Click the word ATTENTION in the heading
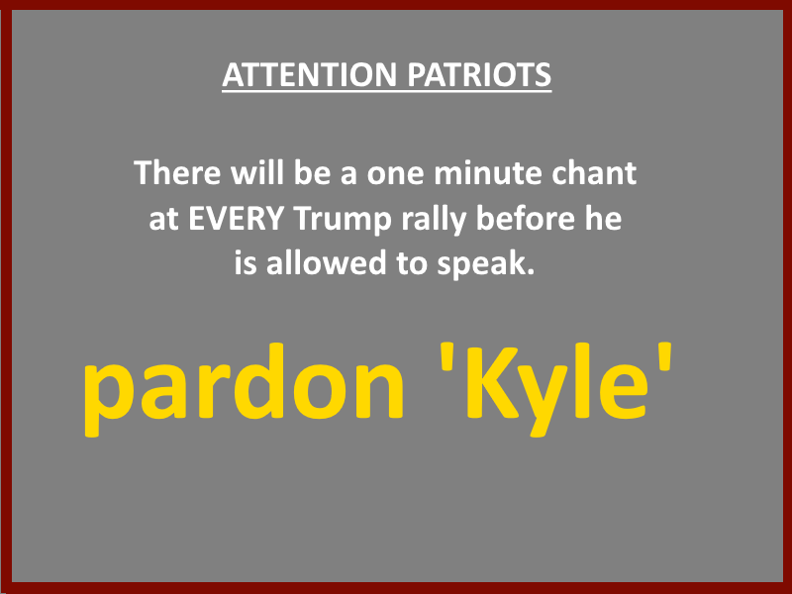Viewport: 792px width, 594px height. [x=310, y=75]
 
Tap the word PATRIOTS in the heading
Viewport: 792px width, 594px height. [x=479, y=75]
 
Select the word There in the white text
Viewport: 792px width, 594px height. [x=177, y=172]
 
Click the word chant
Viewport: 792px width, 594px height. [x=594, y=172]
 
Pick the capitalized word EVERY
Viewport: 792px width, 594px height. [x=236, y=219]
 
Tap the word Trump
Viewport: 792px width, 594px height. [x=343, y=220]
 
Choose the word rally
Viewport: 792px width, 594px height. [x=434, y=220]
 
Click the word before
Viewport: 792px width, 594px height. [x=526, y=218]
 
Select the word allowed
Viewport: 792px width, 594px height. [x=327, y=263]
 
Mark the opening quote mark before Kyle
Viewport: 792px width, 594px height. [x=447, y=356]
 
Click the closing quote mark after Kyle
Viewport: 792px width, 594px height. [x=665, y=356]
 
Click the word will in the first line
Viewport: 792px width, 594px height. [x=257, y=172]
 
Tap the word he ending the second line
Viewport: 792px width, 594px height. [x=603, y=218]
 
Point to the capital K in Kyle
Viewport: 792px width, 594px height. [x=491, y=381]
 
